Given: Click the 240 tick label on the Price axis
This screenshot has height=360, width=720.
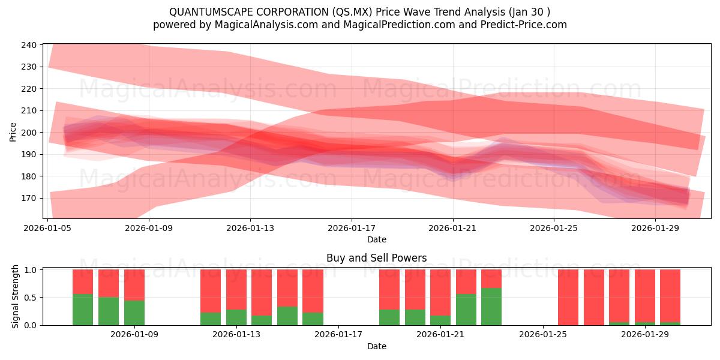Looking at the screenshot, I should click(x=29, y=45).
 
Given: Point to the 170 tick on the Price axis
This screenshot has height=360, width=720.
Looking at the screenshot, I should click(x=29, y=198).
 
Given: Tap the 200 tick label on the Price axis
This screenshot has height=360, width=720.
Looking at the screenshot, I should click(x=29, y=133).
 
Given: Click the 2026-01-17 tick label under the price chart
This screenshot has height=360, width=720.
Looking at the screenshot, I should click(x=352, y=228).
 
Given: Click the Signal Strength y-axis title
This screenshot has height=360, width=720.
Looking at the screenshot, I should click(x=15, y=297).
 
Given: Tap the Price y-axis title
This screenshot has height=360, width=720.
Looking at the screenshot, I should click(x=13, y=131).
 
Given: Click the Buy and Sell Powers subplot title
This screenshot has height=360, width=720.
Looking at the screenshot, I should click(x=376, y=258).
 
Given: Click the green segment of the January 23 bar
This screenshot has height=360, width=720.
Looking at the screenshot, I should click(x=491, y=307).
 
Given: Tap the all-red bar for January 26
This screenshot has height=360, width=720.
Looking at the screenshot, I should click(x=568, y=297).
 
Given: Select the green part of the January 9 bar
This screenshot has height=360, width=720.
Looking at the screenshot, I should click(x=134, y=313).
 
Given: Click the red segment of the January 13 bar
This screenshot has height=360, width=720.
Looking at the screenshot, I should click(x=236, y=289).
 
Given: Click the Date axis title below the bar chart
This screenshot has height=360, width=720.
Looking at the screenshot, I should click(x=376, y=346).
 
